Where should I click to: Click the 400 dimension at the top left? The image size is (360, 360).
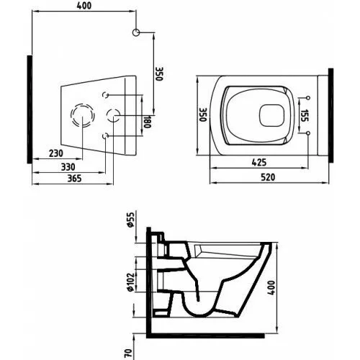coord(84,6)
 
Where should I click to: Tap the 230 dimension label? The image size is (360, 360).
coord(56,153)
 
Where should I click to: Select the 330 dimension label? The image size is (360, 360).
coord(68,167)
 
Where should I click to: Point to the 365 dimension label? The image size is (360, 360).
coord(74,179)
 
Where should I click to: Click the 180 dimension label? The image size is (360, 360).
coord(147,122)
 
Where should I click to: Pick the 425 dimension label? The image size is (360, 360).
coord(259,163)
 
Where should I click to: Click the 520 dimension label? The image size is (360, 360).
coord(268,177)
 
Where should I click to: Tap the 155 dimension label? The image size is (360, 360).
coord(305,115)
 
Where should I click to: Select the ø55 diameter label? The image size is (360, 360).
coord(130,220)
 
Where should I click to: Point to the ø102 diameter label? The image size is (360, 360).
coord(130,282)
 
